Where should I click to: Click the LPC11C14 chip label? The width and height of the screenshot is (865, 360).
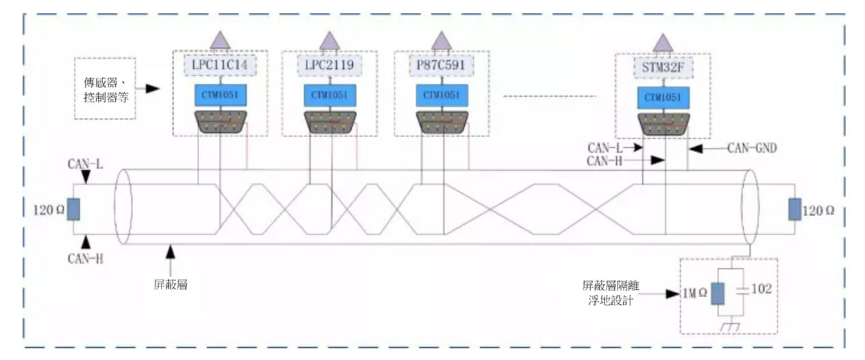[x=219, y=65]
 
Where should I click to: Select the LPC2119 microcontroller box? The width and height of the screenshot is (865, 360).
[x=329, y=65]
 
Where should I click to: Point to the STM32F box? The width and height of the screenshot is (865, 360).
[x=663, y=68]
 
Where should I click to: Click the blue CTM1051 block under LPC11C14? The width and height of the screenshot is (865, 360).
[x=220, y=95]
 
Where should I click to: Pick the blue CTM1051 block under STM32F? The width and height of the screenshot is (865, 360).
[x=663, y=97]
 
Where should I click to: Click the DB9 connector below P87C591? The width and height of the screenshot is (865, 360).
[x=442, y=122]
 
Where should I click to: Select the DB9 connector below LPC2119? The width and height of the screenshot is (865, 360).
[x=330, y=122]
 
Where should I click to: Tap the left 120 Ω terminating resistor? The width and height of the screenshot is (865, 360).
[x=74, y=209]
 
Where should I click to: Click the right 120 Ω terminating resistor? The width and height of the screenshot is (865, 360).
[x=795, y=209]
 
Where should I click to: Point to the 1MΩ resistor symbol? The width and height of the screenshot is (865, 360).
[x=718, y=294]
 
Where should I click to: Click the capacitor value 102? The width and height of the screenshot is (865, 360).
[x=761, y=289]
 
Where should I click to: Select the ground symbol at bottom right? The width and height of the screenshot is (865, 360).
[x=730, y=327]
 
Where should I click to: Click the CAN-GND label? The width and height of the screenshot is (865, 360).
[x=752, y=148]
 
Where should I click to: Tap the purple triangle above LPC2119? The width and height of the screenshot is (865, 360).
[x=329, y=40]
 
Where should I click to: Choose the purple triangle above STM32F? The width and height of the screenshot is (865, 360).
[x=663, y=43]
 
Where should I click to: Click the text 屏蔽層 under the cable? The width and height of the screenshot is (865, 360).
[x=170, y=285]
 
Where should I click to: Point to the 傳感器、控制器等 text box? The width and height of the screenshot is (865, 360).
[x=105, y=89]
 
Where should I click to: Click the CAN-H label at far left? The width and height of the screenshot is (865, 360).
[x=85, y=258]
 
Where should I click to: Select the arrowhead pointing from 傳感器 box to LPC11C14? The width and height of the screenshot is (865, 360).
[x=153, y=89]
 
